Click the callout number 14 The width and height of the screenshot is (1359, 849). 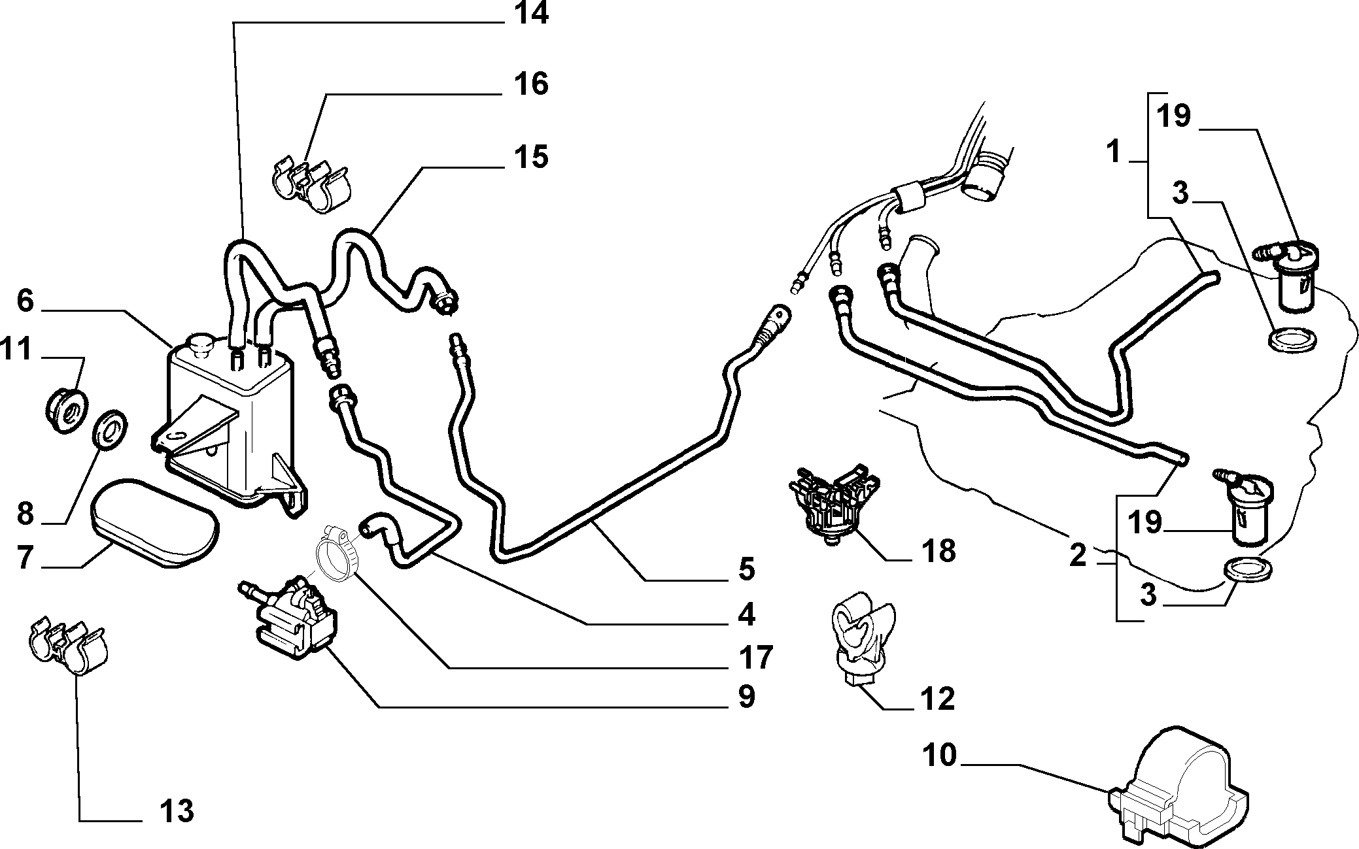pyautogui.click(x=531, y=14)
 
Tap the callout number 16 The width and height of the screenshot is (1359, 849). pyautogui.click(x=531, y=84)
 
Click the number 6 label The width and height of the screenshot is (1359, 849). pyautogui.click(x=24, y=301)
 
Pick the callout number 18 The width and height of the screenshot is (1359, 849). pyautogui.click(x=938, y=551)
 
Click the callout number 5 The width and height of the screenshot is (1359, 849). pyautogui.click(x=746, y=569)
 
